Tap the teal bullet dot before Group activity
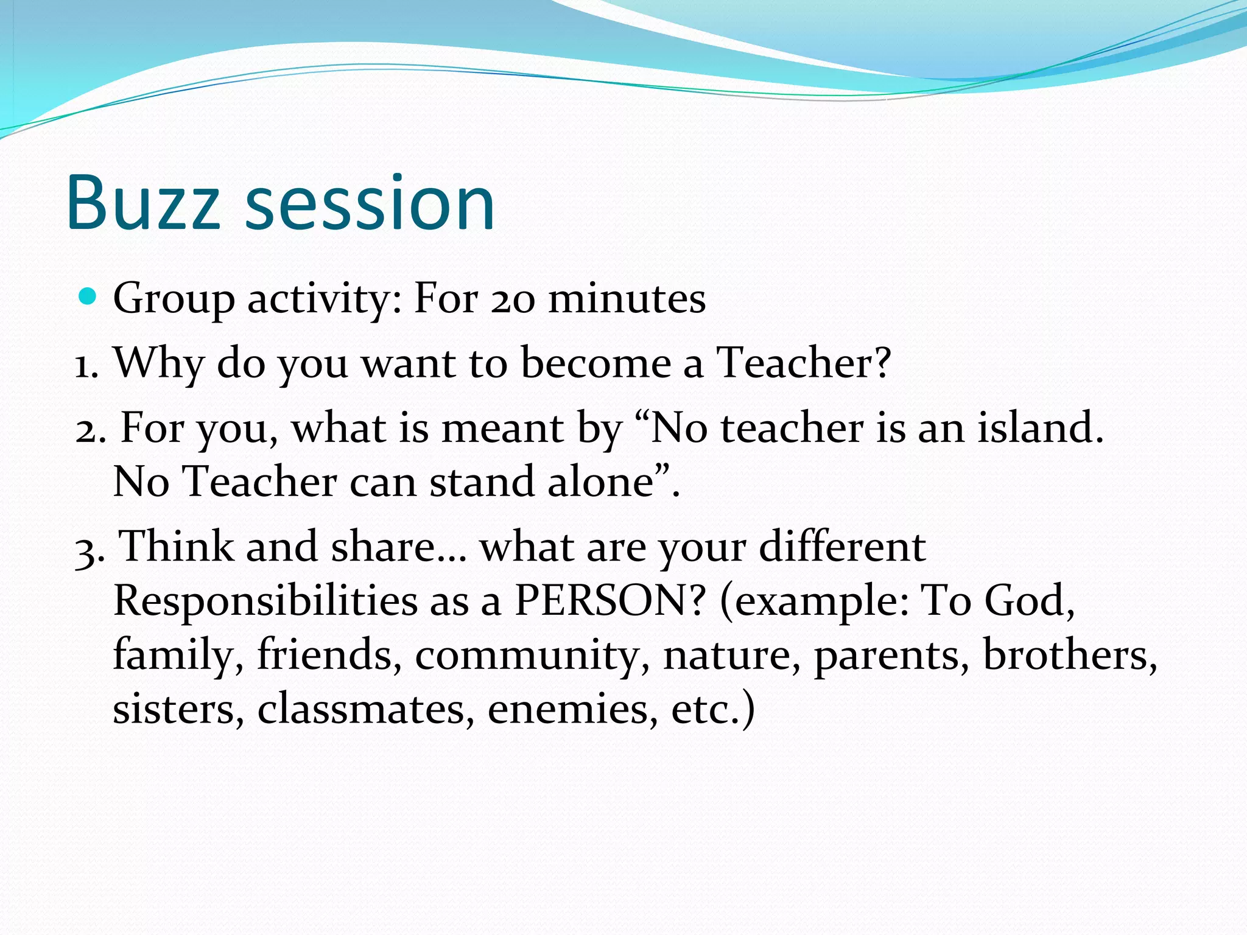point(89,297)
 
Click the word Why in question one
point(159,364)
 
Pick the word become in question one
point(595,363)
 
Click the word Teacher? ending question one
point(803,363)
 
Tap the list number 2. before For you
point(90,430)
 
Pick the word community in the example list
point(527,656)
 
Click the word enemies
point(572,710)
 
